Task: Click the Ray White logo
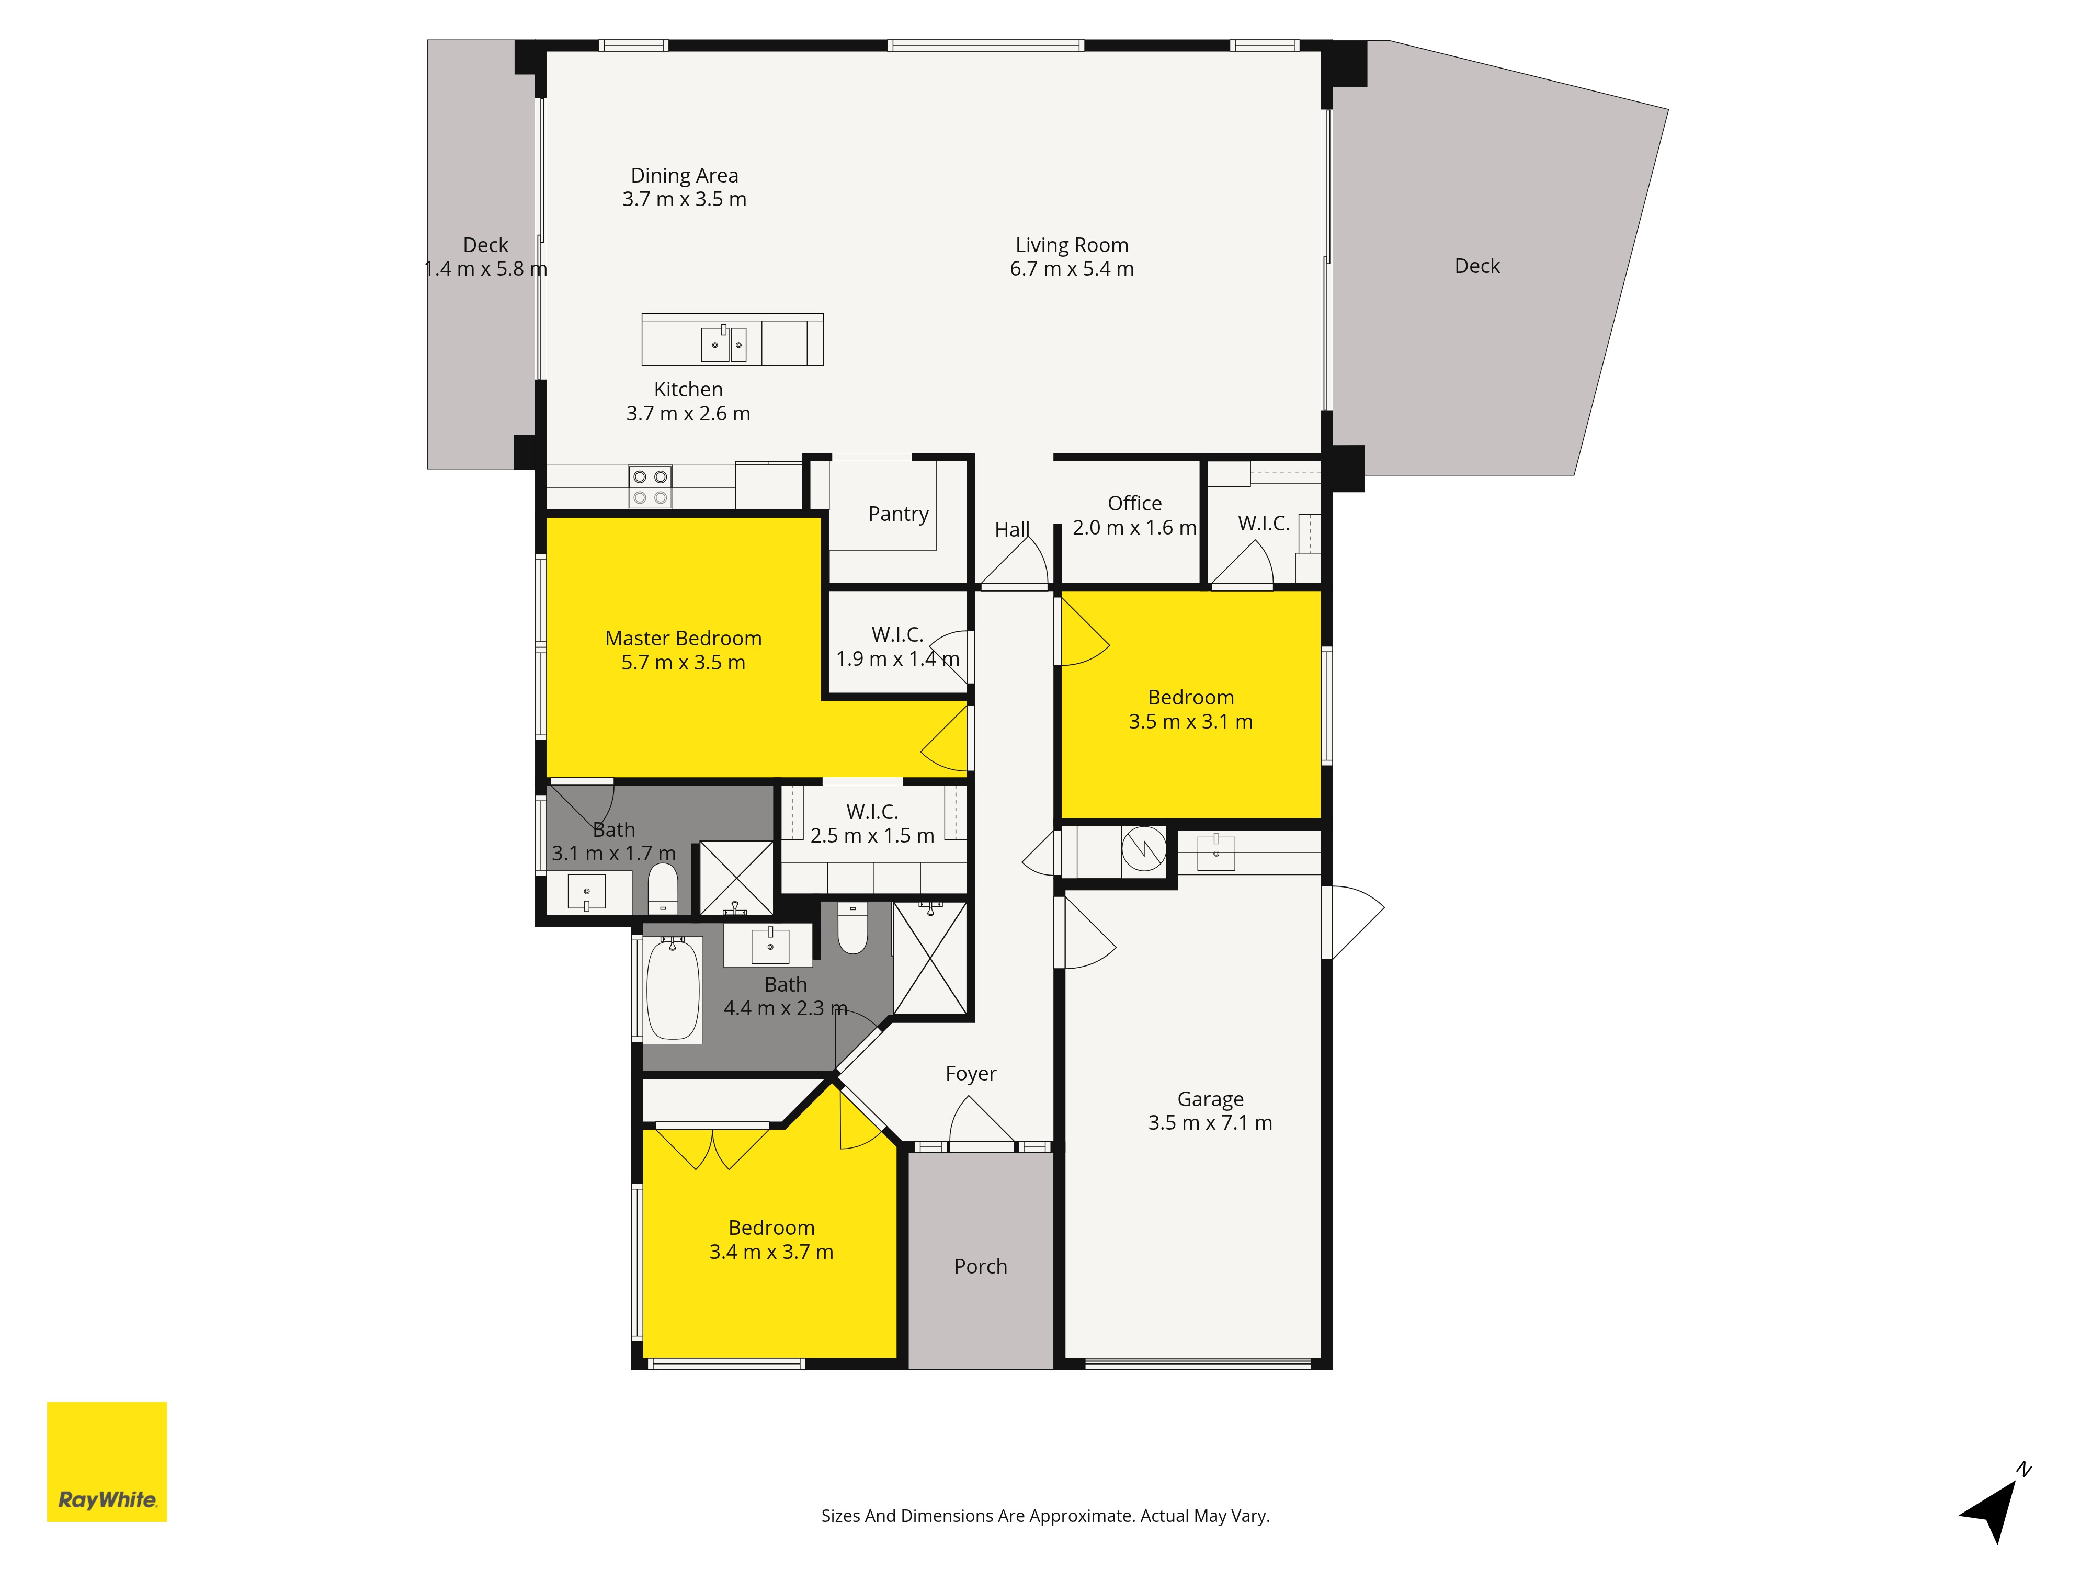pos(107,1461)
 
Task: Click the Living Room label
pos(1072,245)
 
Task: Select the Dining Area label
pos(685,176)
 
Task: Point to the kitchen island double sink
pos(723,344)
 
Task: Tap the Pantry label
pos(899,514)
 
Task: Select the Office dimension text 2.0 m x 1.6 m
pos(1135,528)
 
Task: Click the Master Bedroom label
pos(684,639)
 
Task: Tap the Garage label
pos(1211,1099)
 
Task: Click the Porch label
pos(981,1266)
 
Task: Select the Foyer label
pos(971,1073)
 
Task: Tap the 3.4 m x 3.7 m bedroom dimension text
pos(772,1252)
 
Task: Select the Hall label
pos(1012,530)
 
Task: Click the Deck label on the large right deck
pos(1477,267)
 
